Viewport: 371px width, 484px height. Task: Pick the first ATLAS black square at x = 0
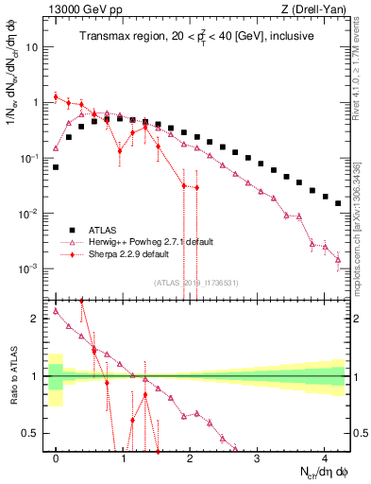[57, 167]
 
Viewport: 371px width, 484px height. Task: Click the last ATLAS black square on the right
[338, 203]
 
